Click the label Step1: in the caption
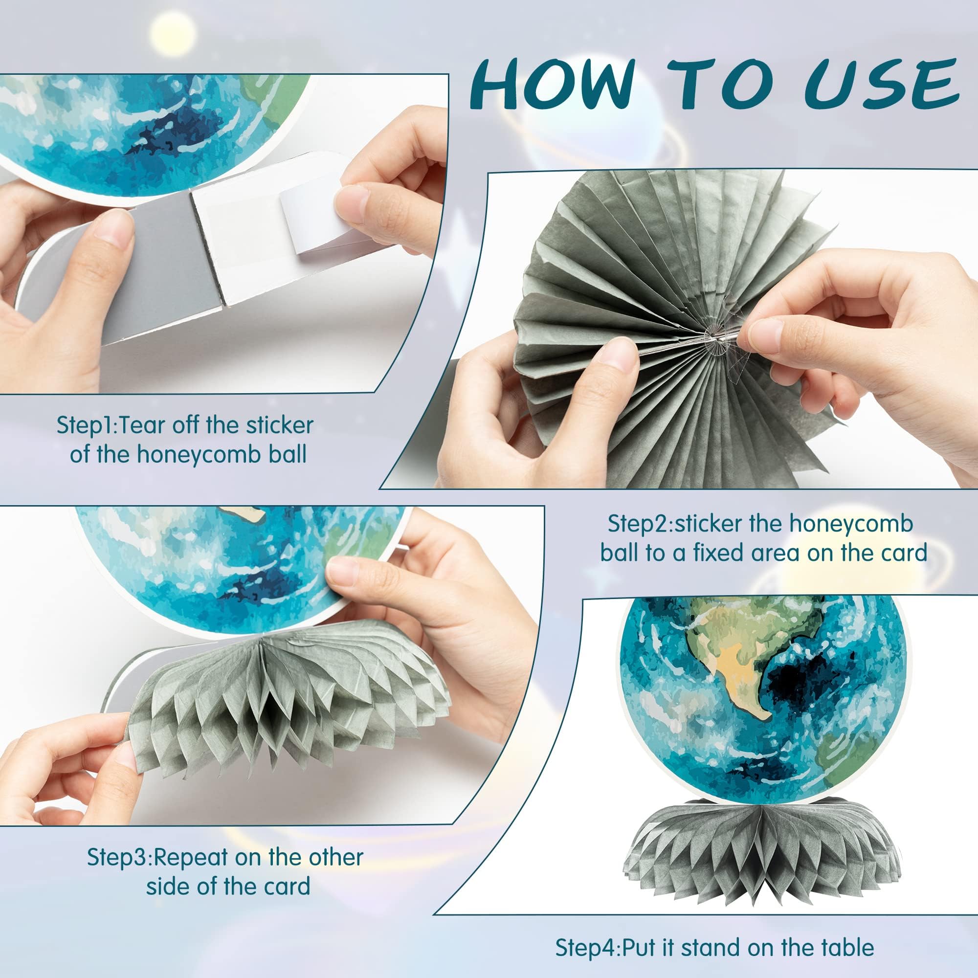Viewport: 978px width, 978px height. (x=87, y=426)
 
